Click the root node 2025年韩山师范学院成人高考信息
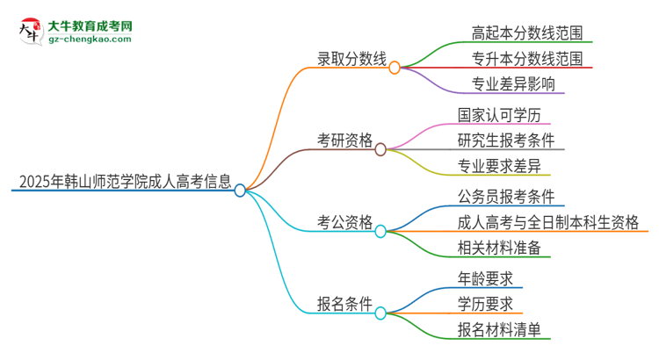pyautogui.click(x=124, y=184)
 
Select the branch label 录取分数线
pyautogui.click(x=351, y=60)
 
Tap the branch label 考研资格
pyautogui.click(x=345, y=140)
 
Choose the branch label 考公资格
pyautogui.click(x=345, y=222)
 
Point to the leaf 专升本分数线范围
pyautogui.click(x=526, y=60)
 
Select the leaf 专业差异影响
pyautogui.click(x=506, y=85)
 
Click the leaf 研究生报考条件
pyautogui.click(x=505, y=140)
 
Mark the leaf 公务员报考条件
pyautogui.click(x=505, y=197)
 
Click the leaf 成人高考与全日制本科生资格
pyautogui.click(x=547, y=222)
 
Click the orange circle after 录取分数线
pyautogui.click(x=395, y=68)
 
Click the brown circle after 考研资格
pyautogui.click(x=380, y=149)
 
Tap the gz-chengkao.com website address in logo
pyautogui.click(x=91, y=40)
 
